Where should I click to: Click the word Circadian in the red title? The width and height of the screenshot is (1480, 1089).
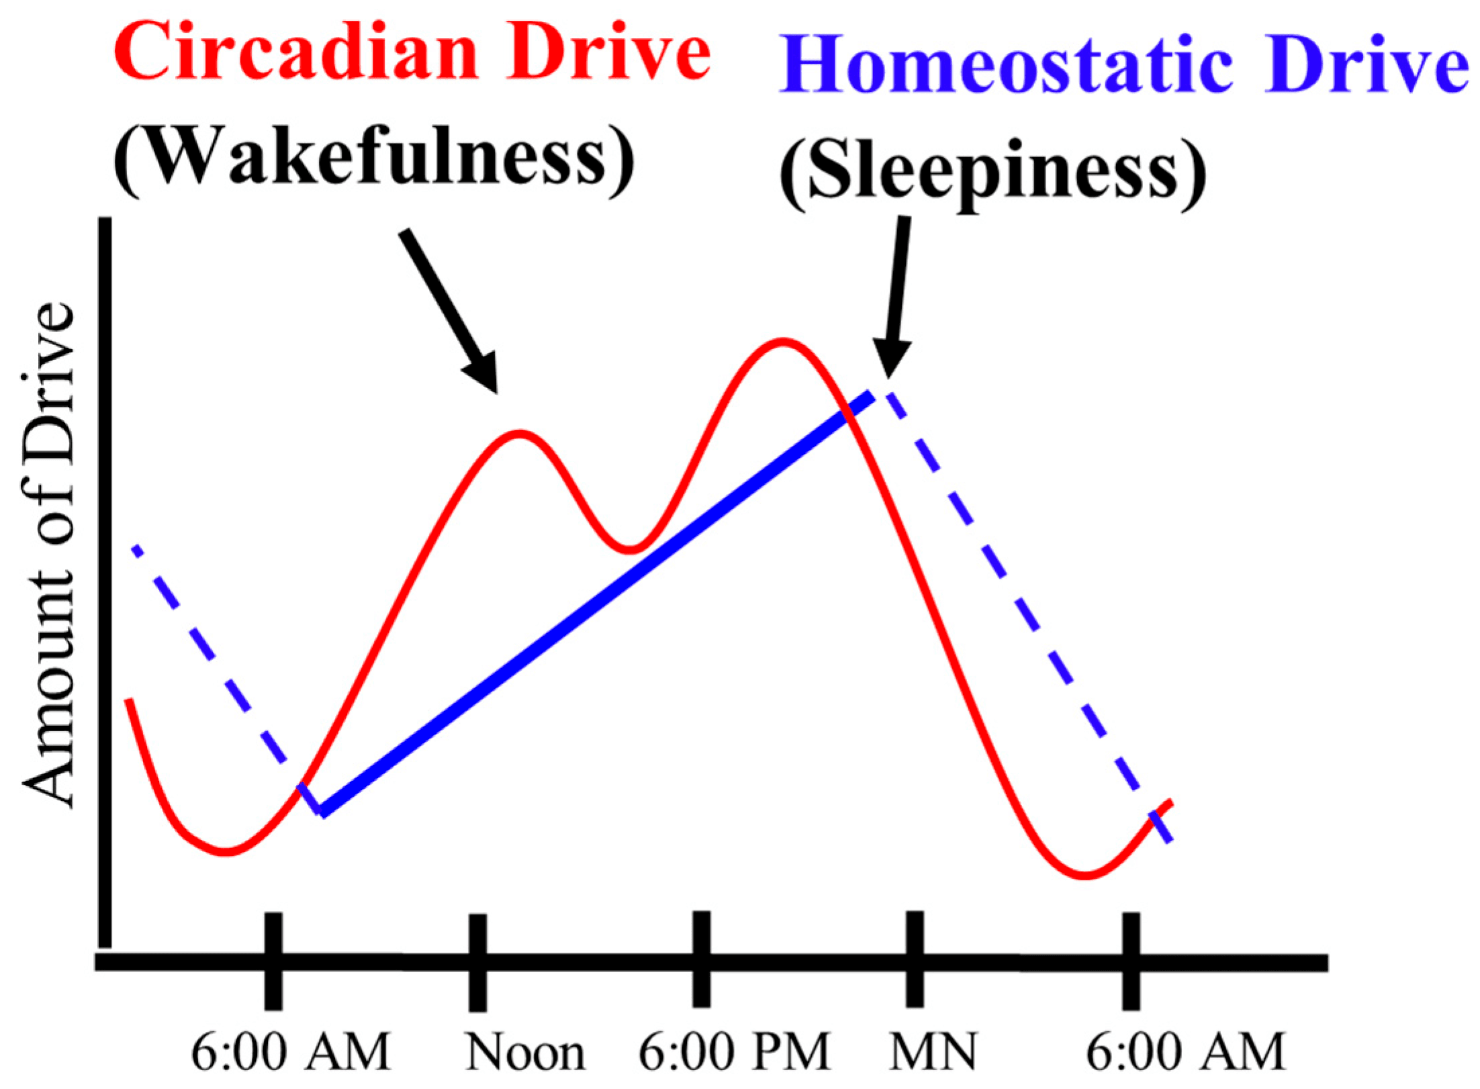pyautogui.click(x=296, y=51)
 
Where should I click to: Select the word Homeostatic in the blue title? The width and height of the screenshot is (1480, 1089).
pyautogui.click(x=1006, y=64)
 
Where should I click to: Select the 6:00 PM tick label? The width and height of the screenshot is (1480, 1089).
pyautogui.click(x=734, y=1051)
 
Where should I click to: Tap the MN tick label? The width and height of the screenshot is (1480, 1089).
pyautogui.click(x=933, y=1051)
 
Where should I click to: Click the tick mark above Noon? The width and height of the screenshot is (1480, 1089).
pyautogui.click(x=477, y=962)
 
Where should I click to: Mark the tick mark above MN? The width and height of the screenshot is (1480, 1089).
pyautogui.click(x=915, y=959)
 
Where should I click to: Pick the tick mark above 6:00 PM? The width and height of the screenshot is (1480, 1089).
pyautogui.click(x=702, y=959)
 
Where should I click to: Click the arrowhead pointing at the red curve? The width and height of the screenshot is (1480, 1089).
pyautogui.click(x=485, y=373)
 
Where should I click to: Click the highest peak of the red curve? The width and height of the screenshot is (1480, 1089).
pyautogui.click(x=782, y=342)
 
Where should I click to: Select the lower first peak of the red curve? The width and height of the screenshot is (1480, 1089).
pyautogui.click(x=519, y=433)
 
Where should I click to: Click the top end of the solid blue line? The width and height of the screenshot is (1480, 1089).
pyautogui.click(x=870, y=396)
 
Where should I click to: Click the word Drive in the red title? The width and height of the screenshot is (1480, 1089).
pyautogui.click(x=608, y=51)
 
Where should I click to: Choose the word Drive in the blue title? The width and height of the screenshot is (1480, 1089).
pyautogui.click(x=1367, y=64)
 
